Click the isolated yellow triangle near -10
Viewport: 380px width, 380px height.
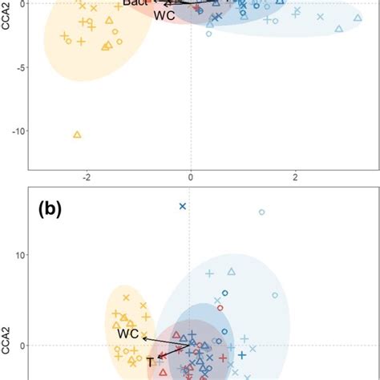pyautogui.click(x=77, y=135)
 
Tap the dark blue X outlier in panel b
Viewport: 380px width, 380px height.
pyautogui.click(x=182, y=207)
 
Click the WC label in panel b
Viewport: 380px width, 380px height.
pyautogui.click(x=129, y=333)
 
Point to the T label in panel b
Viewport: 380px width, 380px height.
pyautogui.click(x=150, y=363)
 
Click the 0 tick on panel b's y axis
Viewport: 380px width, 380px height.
pyautogui.click(x=22, y=346)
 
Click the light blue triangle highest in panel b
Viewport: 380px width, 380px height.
pyautogui.click(x=232, y=272)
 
